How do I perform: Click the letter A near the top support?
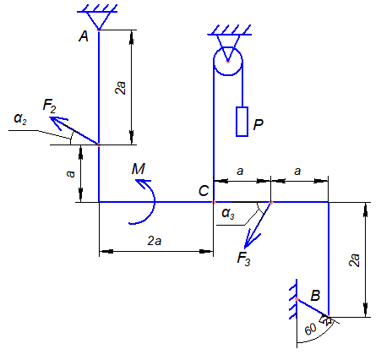(x=84, y=36)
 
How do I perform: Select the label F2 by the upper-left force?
(x=50, y=106)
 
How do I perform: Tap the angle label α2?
(x=20, y=118)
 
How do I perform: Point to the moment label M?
(x=139, y=169)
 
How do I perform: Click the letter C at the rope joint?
(x=204, y=191)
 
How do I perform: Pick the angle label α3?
(x=228, y=213)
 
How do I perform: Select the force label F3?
(x=243, y=259)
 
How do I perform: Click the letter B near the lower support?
(x=315, y=296)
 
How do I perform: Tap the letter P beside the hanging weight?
(x=258, y=124)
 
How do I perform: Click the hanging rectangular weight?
(x=242, y=122)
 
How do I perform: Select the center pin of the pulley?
(x=228, y=61)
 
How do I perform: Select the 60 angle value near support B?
(x=310, y=330)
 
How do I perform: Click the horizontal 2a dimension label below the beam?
(x=155, y=241)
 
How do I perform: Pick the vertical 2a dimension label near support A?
(x=121, y=88)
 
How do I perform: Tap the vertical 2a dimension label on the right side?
(x=354, y=260)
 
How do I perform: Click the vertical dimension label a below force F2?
(x=70, y=174)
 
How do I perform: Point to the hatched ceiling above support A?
(x=97, y=8)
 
